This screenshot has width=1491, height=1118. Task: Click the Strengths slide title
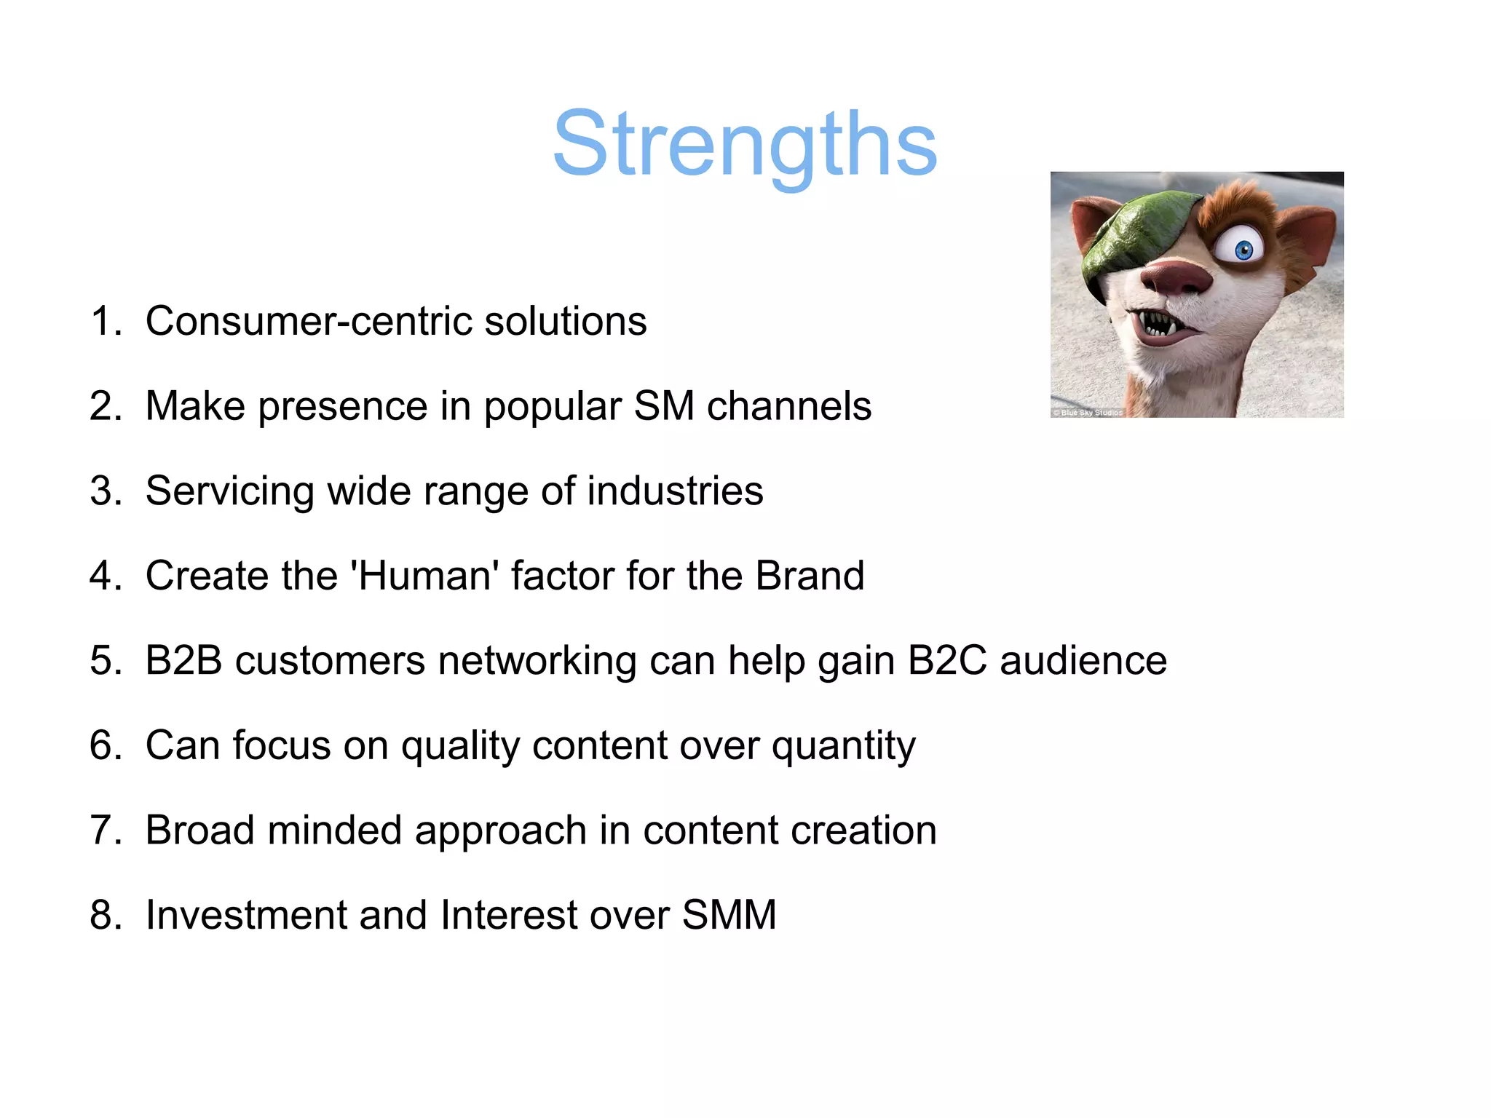[x=745, y=143]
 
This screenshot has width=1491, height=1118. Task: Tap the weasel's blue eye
[x=1244, y=250]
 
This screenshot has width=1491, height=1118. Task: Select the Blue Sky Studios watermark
[x=1088, y=413]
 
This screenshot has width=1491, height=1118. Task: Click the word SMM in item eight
[x=729, y=915]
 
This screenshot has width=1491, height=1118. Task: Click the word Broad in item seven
[x=200, y=830]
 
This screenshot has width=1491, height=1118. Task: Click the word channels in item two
[x=789, y=406]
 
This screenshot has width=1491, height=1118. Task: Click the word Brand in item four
[x=810, y=576]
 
